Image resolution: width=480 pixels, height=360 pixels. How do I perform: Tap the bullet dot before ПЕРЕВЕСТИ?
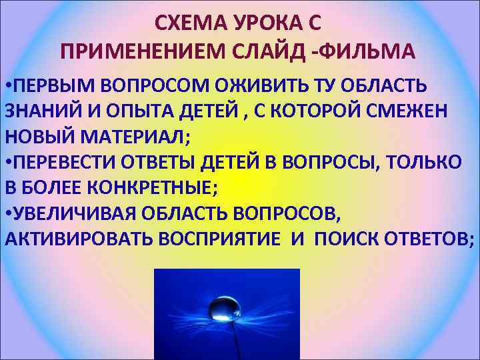point(7,162)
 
